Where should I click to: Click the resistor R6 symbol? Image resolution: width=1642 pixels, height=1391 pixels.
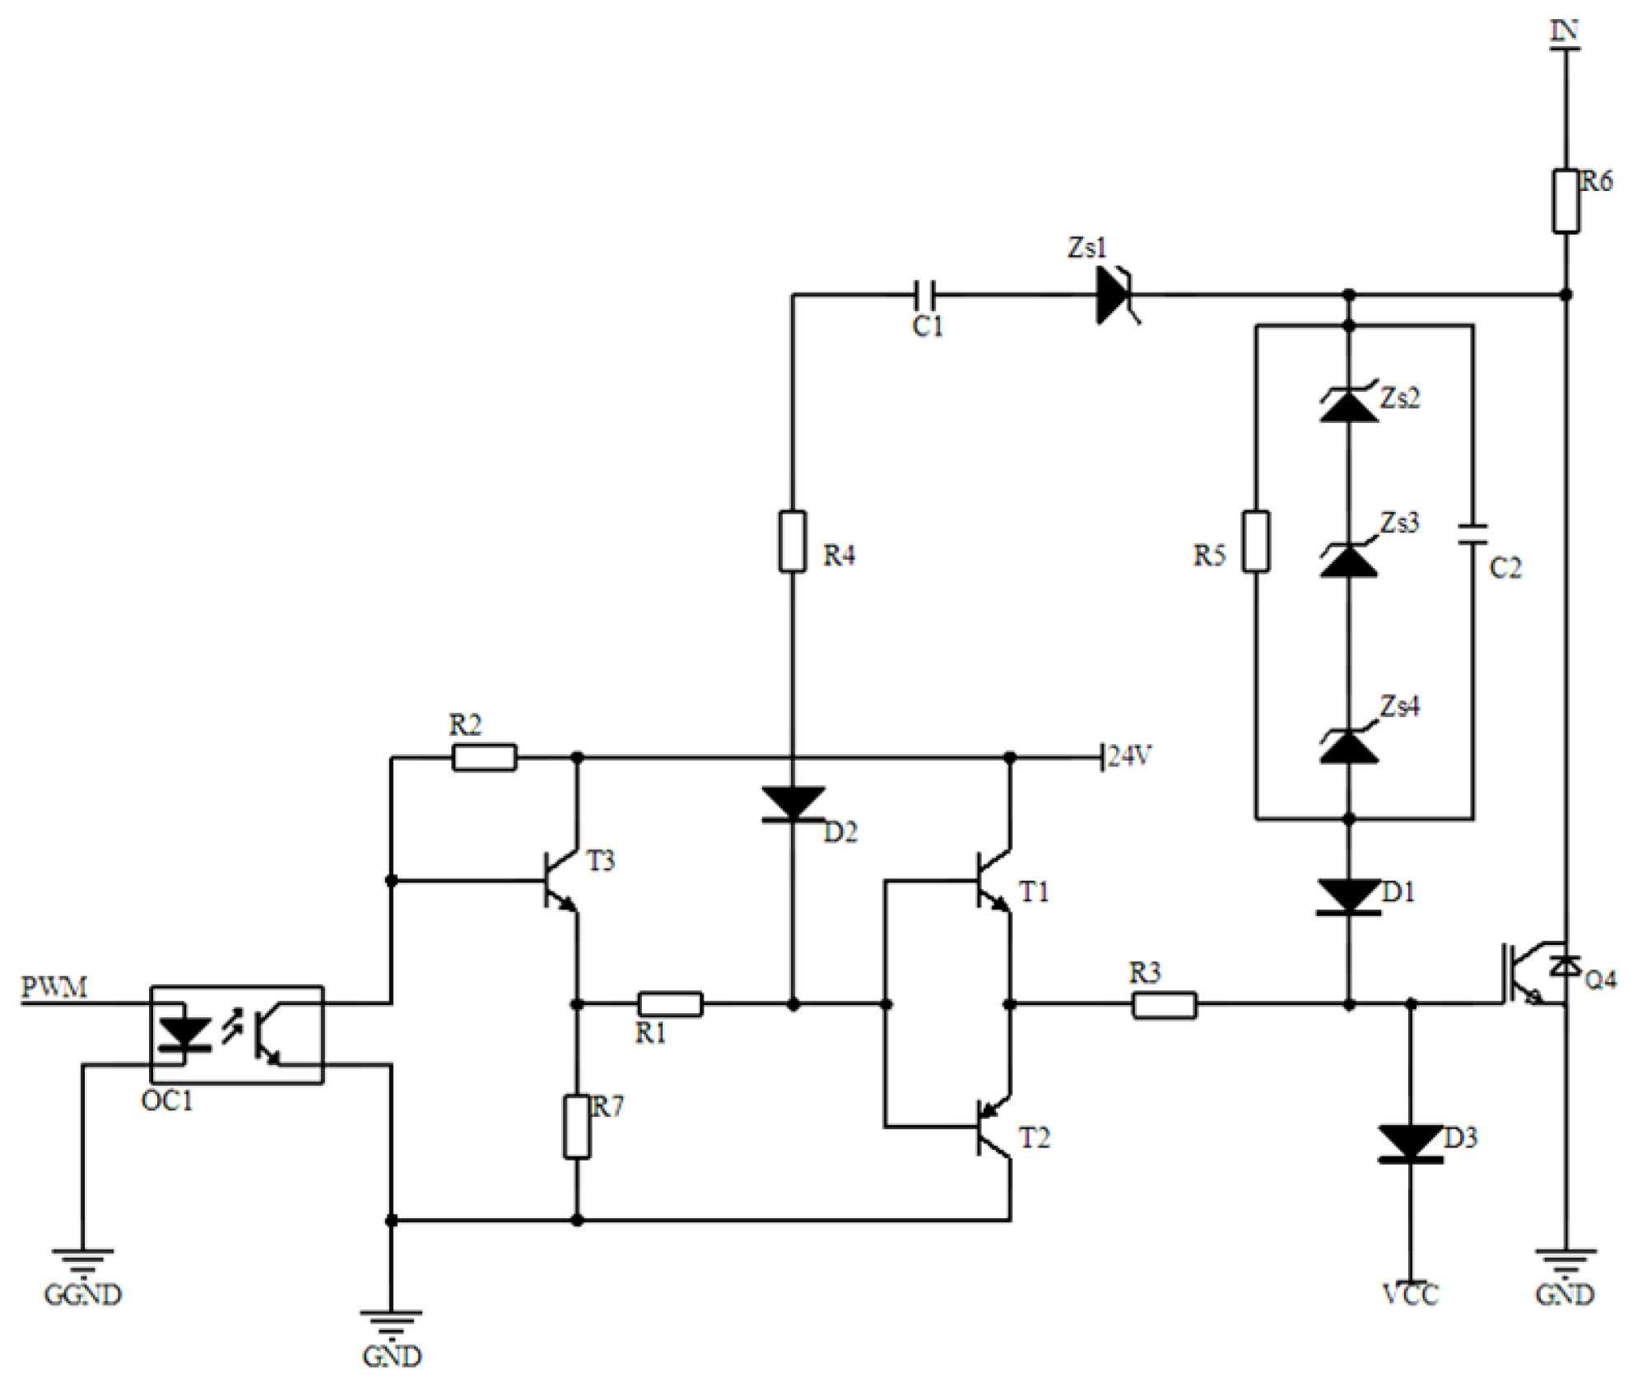pos(1565,202)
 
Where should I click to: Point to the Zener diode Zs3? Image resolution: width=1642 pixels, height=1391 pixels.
pos(1348,560)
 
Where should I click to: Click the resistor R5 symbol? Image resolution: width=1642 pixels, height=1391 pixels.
pos(1255,541)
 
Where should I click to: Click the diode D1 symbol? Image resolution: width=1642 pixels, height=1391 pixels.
pos(1348,896)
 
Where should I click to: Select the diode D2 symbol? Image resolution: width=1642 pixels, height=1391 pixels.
pos(793,803)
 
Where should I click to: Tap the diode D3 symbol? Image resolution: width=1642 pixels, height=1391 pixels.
pos(1411,1143)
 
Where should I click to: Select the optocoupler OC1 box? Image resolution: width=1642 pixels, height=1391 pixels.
pos(236,1035)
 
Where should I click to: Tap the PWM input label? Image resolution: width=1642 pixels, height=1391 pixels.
pos(53,987)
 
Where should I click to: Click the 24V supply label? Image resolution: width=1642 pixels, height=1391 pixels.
pos(1129,756)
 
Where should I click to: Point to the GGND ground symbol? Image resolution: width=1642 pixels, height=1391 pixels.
pos(82,1259)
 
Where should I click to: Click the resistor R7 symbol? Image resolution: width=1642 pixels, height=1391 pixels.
pos(577,1127)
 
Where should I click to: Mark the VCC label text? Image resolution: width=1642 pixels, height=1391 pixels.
pos(1411,1295)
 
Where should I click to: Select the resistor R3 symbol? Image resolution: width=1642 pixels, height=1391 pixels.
pos(1164,1005)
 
